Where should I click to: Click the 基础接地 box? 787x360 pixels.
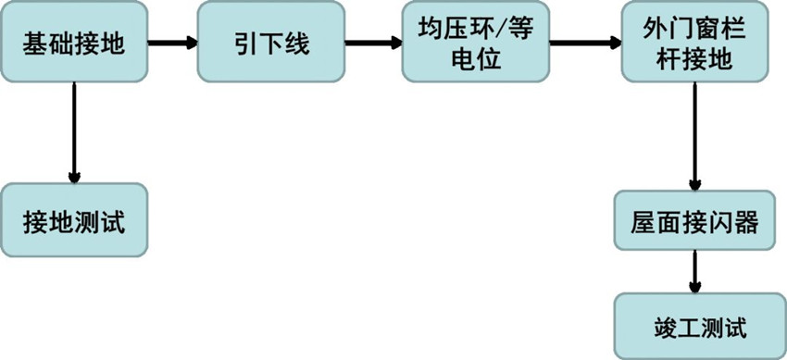74,43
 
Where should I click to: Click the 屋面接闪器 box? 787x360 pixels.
694,222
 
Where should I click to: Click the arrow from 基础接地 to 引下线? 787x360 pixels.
172,43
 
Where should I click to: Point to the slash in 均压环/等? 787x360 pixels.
501,29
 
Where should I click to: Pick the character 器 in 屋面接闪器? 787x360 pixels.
745,223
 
